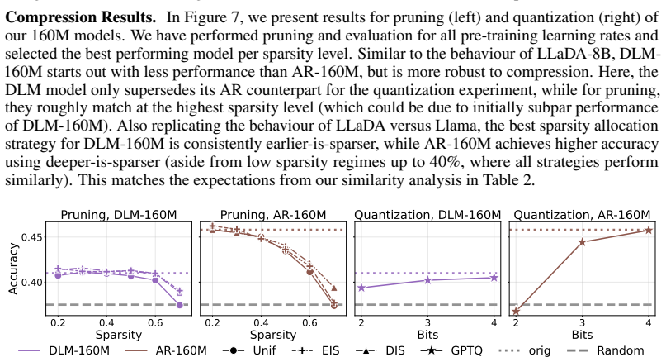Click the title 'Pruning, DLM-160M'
[119, 215]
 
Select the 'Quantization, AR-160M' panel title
[582, 215]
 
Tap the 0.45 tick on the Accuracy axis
[32, 237]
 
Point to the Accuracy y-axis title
[13, 269]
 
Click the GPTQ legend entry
[451, 350]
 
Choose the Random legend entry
[605, 350]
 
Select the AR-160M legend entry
[166, 350]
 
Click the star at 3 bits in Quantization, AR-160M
[583, 242]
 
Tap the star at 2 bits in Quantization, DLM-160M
[361, 288]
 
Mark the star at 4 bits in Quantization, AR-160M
[649, 230]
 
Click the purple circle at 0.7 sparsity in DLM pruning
[179, 305]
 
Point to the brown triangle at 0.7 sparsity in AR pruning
[334, 288]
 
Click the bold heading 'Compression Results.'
[80, 17]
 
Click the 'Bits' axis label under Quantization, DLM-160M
[427, 335]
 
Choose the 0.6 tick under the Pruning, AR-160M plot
[309, 323]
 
